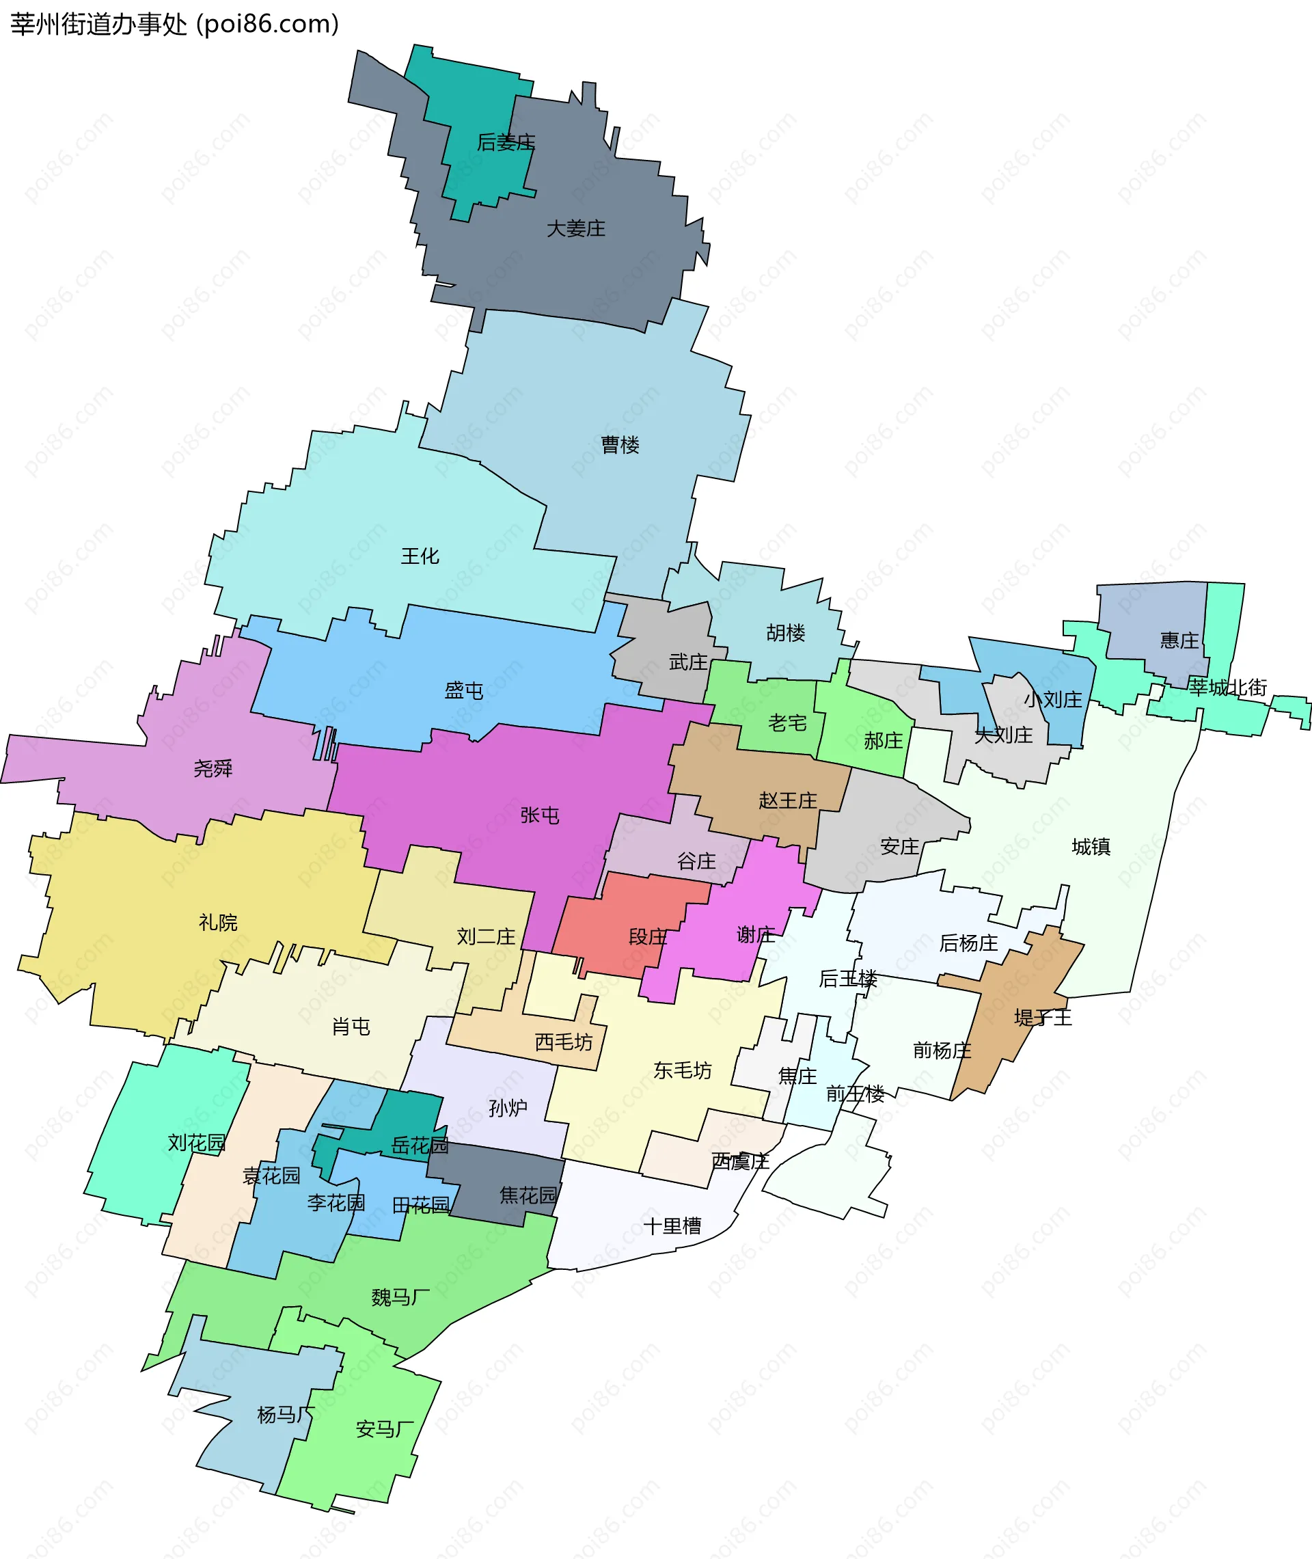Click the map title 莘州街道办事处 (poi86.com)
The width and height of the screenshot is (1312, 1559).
175,25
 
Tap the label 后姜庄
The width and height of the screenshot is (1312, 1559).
506,142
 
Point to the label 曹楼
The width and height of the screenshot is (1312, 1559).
620,445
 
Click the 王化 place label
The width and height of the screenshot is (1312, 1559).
420,556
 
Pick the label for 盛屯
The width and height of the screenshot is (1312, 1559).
464,691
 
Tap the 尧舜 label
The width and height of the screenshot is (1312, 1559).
213,768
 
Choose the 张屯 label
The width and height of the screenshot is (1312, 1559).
540,815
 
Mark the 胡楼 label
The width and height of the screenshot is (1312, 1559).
786,633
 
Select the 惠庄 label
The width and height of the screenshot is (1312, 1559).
1179,640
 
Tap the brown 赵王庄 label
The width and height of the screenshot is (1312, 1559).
788,800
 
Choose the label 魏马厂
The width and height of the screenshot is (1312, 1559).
401,1297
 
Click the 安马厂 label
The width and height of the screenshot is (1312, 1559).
385,1429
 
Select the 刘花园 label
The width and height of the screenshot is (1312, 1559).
196,1143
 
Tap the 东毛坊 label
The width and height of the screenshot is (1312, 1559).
683,1070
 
